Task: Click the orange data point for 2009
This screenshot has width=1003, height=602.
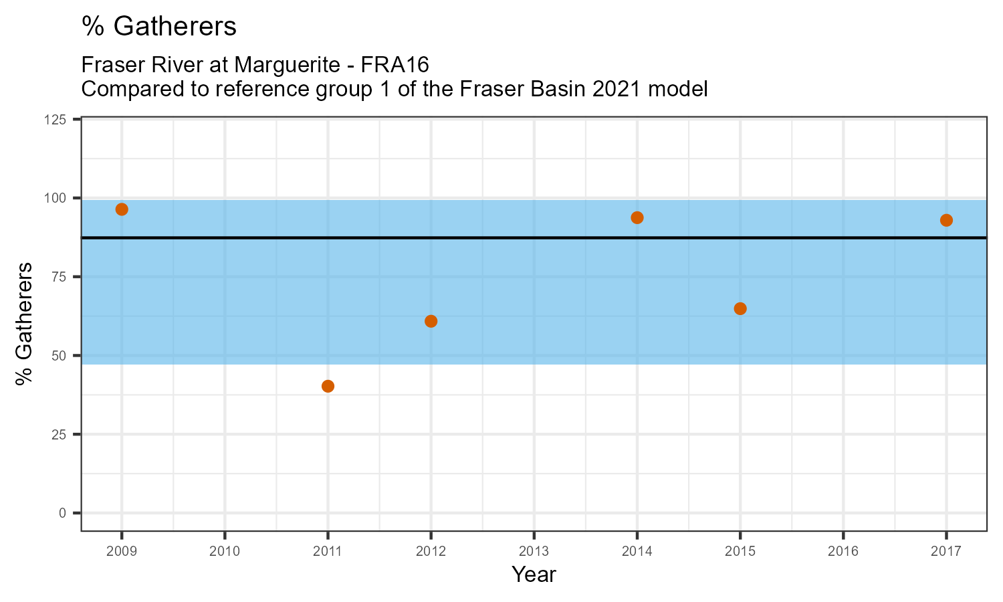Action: (x=122, y=209)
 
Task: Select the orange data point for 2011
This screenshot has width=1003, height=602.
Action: (x=328, y=386)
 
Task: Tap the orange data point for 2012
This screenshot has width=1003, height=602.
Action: (x=431, y=321)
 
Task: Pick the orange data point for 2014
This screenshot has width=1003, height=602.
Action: (x=637, y=217)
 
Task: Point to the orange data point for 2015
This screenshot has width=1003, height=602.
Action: (x=740, y=308)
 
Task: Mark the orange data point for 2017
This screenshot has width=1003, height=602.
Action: (x=946, y=220)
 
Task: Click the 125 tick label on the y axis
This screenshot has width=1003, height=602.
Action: (x=60, y=120)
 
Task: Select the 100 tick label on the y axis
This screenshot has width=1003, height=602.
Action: (x=60, y=198)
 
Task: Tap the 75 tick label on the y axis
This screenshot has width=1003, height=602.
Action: (x=62, y=277)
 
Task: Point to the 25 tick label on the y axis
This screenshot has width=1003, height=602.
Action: (x=62, y=434)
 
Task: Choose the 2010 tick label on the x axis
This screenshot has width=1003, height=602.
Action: (x=225, y=552)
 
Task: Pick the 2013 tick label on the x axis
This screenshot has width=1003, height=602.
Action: (x=534, y=552)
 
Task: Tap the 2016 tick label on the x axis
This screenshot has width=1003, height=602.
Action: (x=843, y=552)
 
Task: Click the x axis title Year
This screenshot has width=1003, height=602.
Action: (x=534, y=575)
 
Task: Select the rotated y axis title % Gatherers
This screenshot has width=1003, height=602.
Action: (x=25, y=324)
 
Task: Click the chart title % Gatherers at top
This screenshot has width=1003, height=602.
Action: (x=159, y=27)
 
